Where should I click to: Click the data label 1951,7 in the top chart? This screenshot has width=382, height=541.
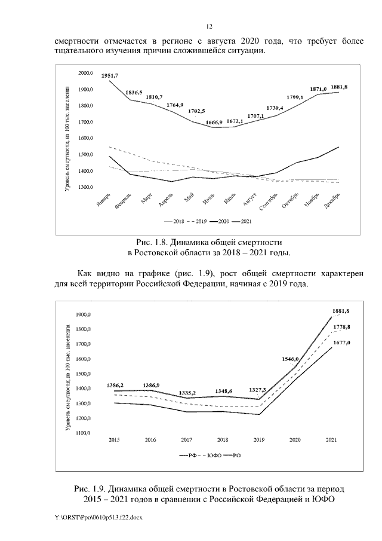click(110, 76)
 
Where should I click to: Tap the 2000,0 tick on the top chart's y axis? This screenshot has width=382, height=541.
click(85, 73)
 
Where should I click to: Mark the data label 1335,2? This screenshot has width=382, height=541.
click(189, 393)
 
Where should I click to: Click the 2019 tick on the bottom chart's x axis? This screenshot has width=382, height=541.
click(258, 439)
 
